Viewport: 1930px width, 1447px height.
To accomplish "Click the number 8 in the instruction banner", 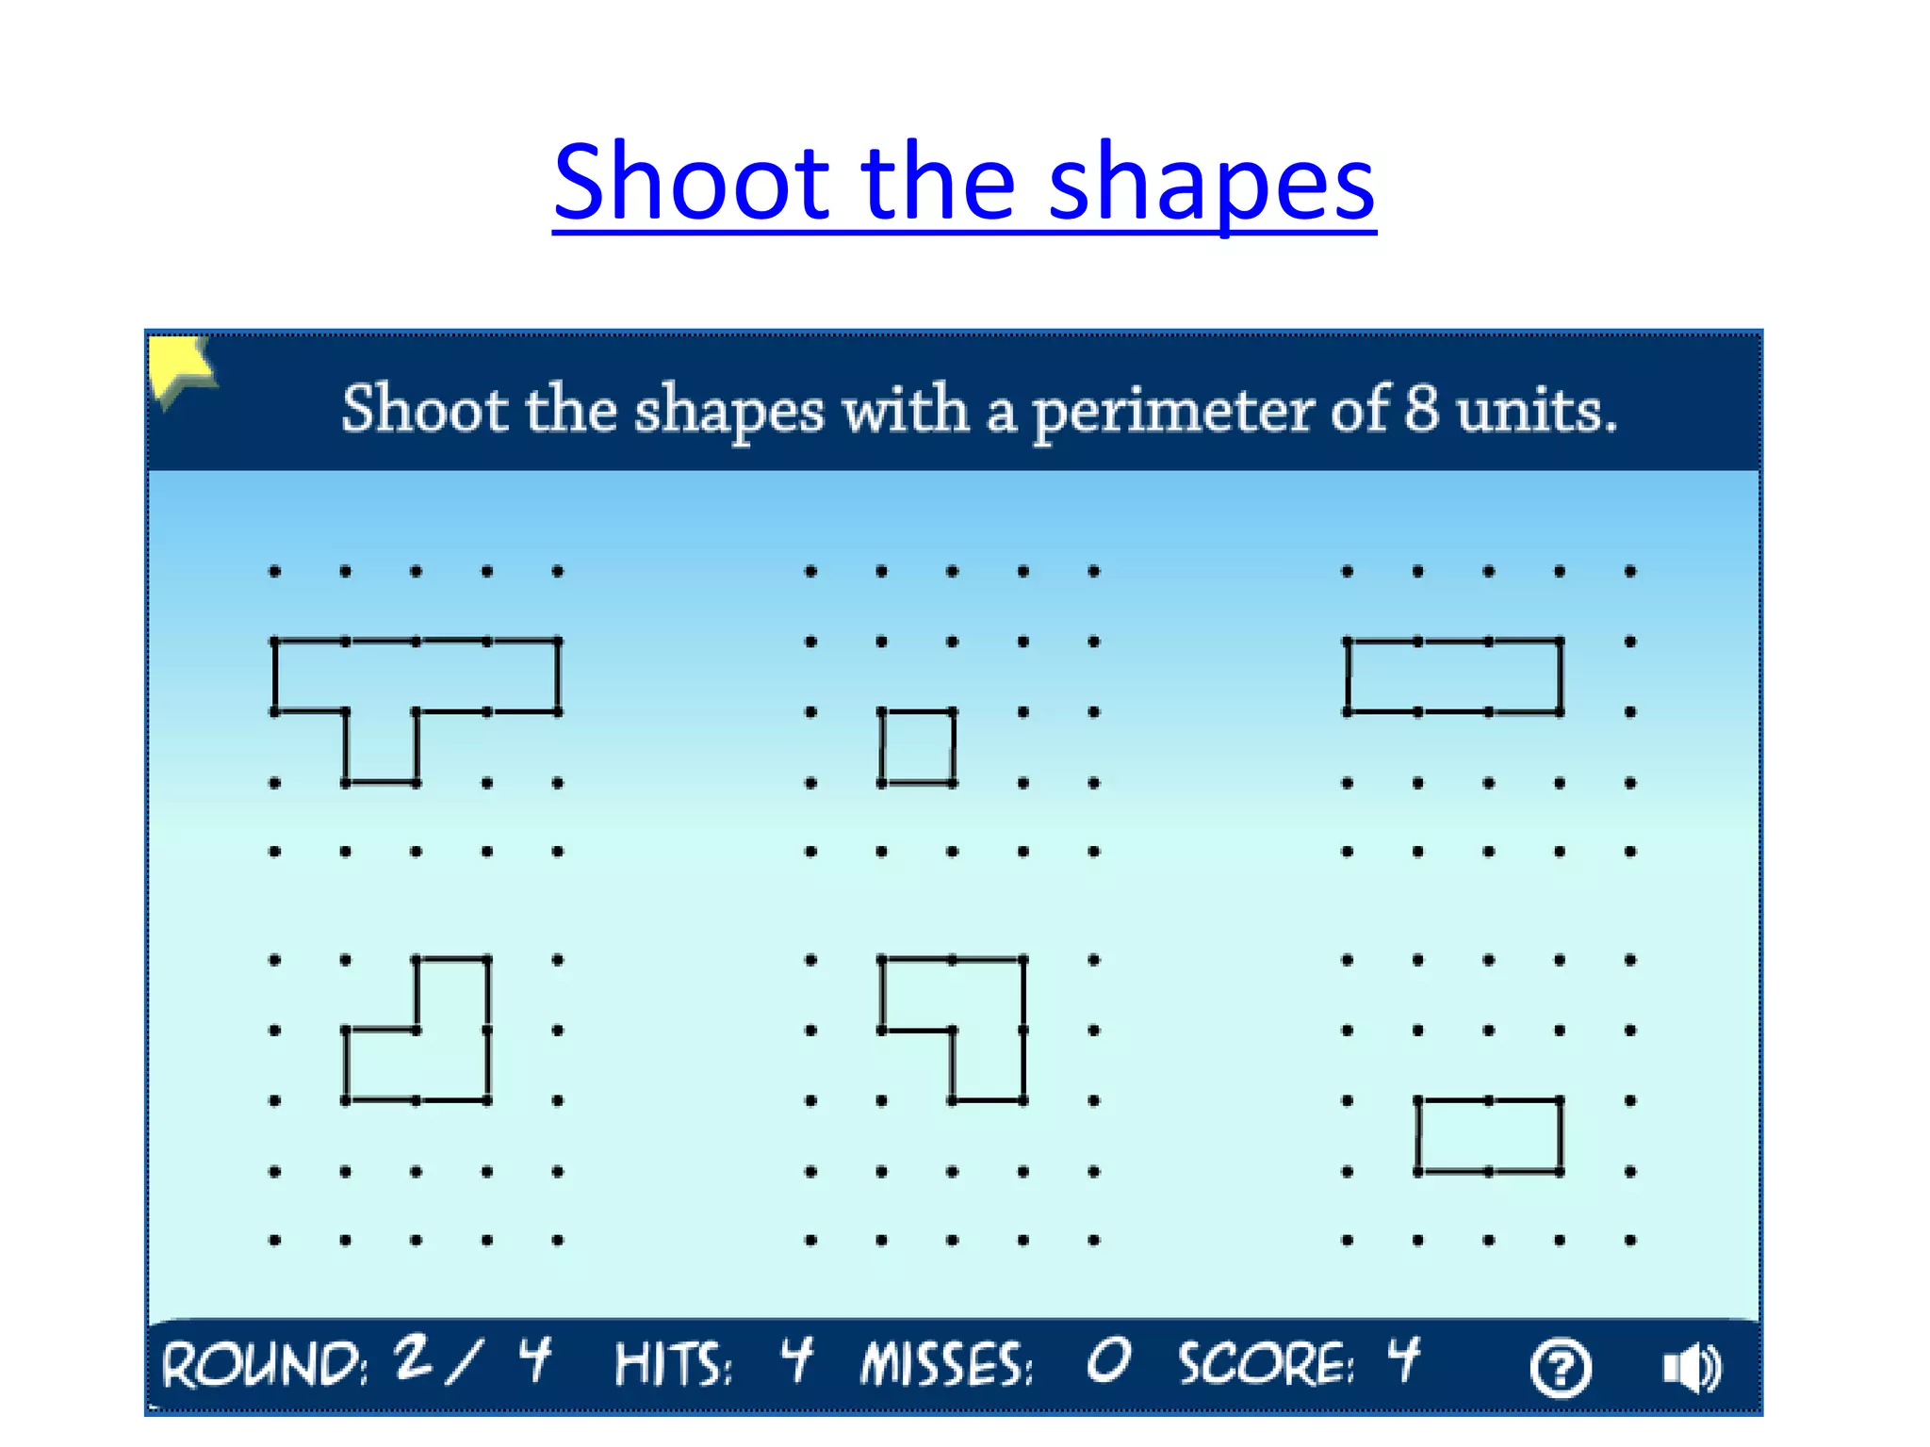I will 1421,410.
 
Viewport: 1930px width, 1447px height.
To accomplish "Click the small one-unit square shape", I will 917,747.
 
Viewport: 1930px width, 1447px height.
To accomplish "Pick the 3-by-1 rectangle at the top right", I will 1453,676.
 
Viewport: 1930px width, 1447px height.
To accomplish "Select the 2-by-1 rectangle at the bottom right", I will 1489,1135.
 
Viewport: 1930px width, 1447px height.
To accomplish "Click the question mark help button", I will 1561,1368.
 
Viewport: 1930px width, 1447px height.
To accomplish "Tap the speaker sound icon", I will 1693,1368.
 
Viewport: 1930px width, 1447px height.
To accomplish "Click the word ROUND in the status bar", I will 264,1366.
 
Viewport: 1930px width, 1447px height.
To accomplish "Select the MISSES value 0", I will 1108,1362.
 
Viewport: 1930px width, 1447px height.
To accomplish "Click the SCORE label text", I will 1266,1366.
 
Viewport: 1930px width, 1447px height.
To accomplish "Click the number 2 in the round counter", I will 414,1358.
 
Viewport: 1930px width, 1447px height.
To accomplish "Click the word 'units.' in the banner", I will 1536,411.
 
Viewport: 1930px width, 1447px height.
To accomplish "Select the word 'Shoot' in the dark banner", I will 424,410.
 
